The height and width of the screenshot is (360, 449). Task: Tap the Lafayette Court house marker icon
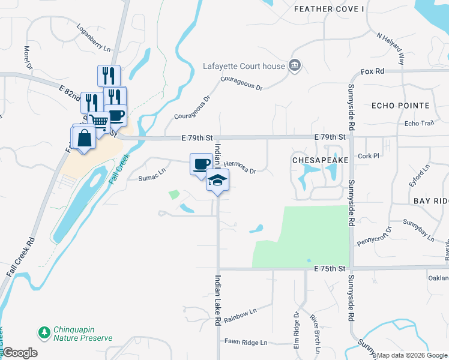(x=295, y=65)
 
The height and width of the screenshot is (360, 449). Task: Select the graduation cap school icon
(x=217, y=180)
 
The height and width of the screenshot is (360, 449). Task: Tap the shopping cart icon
(x=99, y=122)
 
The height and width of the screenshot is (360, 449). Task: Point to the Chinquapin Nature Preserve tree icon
(x=44, y=332)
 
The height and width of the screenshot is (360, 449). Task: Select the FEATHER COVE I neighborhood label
(x=329, y=9)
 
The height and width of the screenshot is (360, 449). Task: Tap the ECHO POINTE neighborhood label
(x=400, y=106)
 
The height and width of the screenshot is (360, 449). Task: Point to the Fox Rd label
(x=372, y=71)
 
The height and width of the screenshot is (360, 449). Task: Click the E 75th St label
(x=331, y=271)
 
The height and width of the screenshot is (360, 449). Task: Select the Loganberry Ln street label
(x=94, y=38)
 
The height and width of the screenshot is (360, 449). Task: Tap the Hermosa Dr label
(x=240, y=167)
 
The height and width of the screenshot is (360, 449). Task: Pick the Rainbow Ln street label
(x=240, y=316)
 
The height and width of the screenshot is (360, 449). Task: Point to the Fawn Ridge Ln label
(x=246, y=342)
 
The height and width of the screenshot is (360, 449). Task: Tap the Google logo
(x=19, y=353)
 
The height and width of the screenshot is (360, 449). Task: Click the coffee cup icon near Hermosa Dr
(x=201, y=164)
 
